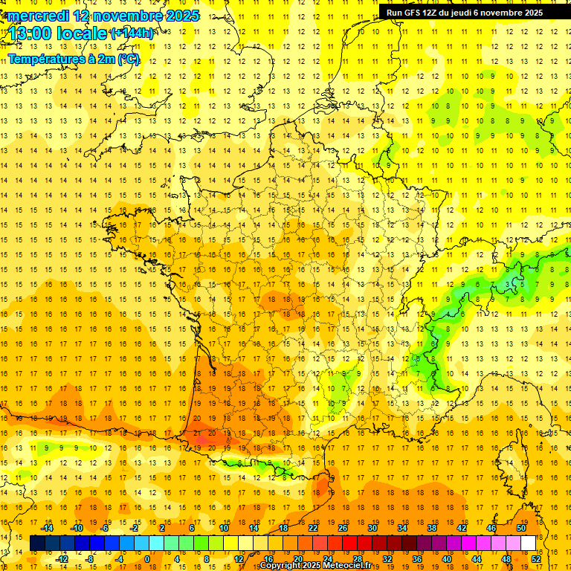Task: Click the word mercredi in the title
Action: [38, 16]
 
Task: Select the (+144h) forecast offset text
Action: [132, 33]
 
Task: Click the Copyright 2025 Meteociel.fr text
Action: [316, 566]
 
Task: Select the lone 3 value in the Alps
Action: [508, 284]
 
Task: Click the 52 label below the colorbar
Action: [536, 559]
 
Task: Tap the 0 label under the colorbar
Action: [146, 559]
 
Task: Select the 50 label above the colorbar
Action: [521, 528]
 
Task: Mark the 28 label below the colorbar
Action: [357, 559]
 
